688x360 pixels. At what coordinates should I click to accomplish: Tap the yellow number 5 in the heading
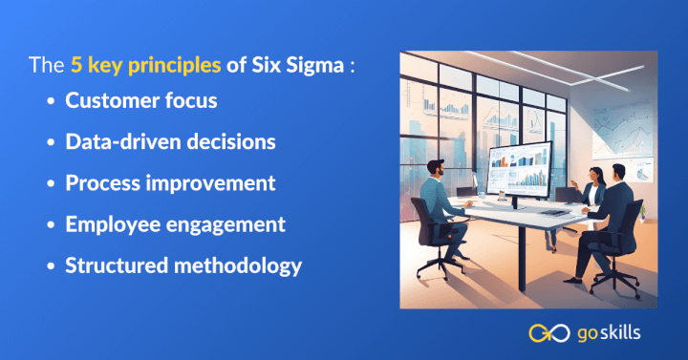click(75, 68)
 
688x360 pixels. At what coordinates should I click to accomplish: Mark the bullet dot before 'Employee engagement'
click(51, 225)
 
